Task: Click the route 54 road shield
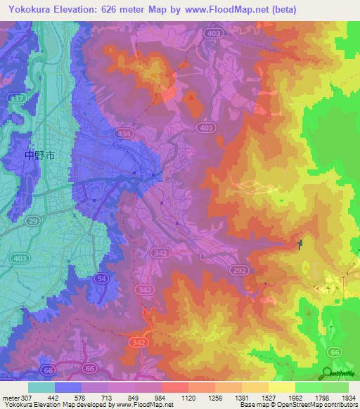(101, 279)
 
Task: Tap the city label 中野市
(39, 155)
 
